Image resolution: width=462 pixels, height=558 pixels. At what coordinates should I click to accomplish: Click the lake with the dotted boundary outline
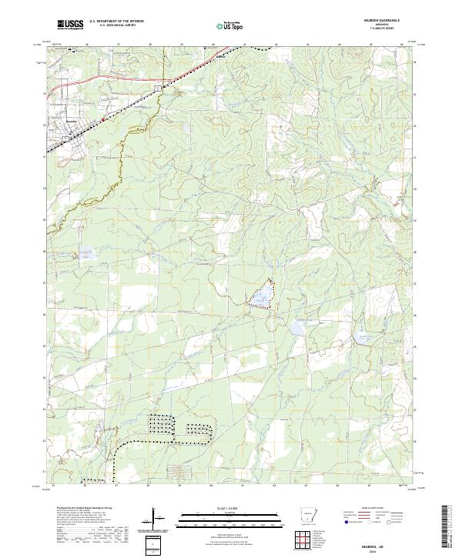(261, 295)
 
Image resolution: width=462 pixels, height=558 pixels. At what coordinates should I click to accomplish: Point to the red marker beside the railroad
(103, 119)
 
